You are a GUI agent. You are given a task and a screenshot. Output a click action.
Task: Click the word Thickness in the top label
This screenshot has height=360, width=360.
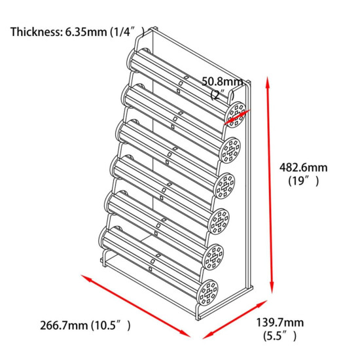point(35,31)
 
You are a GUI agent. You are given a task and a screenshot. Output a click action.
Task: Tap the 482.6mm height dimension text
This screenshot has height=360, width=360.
point(303,168)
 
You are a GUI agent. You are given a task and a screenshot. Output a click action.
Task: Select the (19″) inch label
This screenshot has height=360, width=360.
point(304,181)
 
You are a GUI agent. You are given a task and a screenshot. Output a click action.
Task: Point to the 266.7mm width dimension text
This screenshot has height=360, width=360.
point(64,325)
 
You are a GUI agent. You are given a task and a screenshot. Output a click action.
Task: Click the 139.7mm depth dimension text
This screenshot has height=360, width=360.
point(279,322)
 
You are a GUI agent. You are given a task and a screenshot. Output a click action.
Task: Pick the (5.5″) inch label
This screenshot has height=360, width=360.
point(279,336)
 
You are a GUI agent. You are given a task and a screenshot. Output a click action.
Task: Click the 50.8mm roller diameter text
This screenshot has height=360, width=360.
point(222,82)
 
